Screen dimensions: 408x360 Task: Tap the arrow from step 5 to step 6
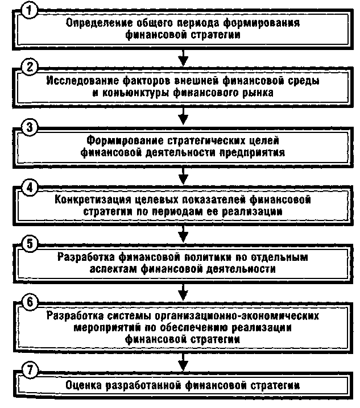pos(182,289)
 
